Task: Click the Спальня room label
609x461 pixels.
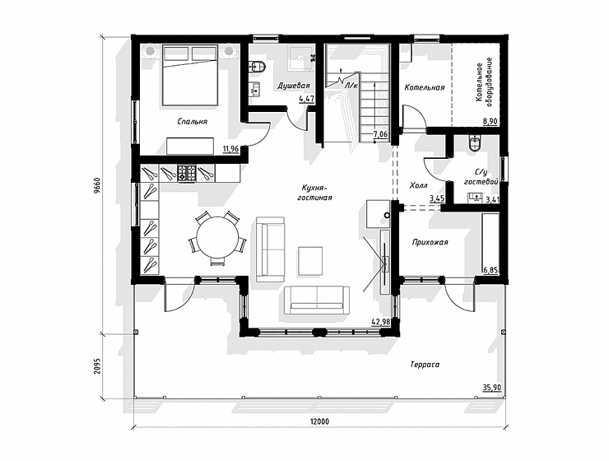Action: click(193, 122)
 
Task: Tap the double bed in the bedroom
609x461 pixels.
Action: click(190, 75)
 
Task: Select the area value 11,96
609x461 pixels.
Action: click(230, 148)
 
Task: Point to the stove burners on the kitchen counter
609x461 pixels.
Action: click(187, 173)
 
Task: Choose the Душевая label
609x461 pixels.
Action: click(294, 86)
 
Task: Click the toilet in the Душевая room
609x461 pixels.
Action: click(257, 67)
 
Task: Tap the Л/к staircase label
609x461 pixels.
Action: click(351, 86)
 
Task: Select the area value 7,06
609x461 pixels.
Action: click(380, 135)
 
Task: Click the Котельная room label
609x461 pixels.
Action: click(425, 87)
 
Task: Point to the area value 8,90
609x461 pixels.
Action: click(490, 122)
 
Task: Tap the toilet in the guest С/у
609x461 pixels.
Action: click(476, 143)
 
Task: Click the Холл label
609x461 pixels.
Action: click(419, 186)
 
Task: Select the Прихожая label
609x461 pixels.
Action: click(430, 242)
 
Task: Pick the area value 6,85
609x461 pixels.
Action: click(490, 269)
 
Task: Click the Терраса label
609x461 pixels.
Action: click(425, 365)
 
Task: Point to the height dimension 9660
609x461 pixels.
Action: click(97, 187)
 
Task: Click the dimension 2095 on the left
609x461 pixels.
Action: click(97, 366)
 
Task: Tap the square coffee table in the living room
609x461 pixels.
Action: click(310, 261)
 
